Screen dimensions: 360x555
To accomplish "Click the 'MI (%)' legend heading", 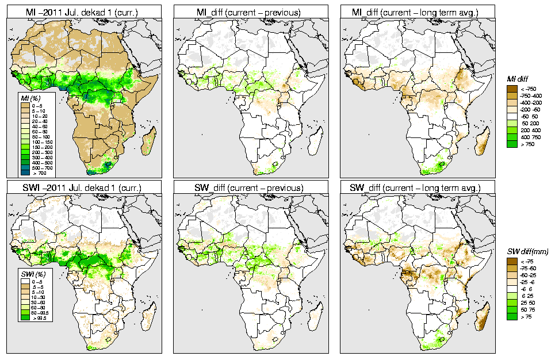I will tap(29, 99).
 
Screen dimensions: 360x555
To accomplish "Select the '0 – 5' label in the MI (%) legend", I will tap(37, 106).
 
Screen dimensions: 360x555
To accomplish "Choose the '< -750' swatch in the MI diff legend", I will tap(511, 89).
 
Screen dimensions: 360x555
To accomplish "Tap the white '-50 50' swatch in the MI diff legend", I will tap(511, 117).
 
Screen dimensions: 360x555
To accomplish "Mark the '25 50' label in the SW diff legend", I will tap(527, 303).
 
